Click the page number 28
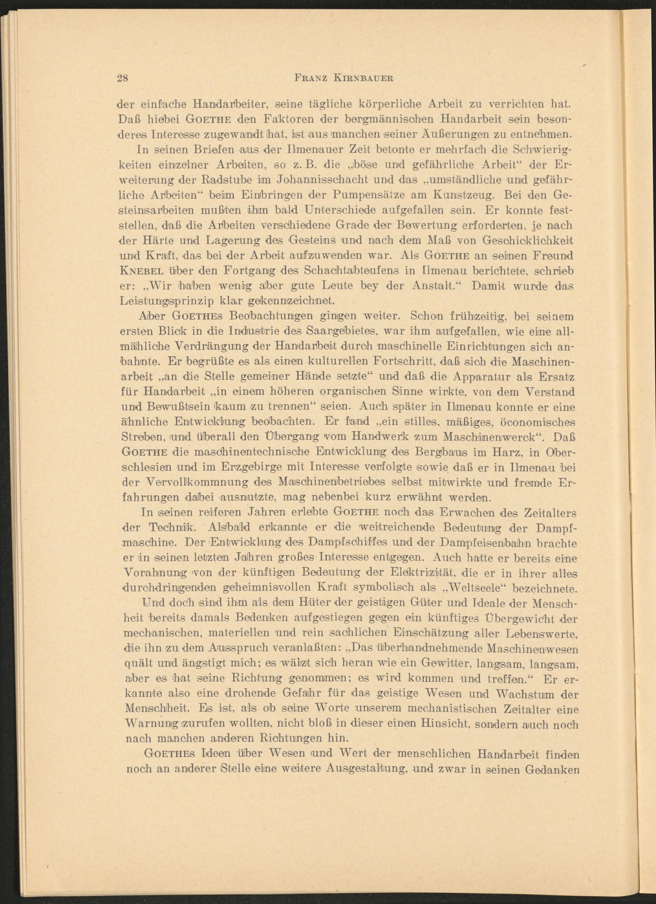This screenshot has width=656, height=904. pyautogui.click(x=122, y=78)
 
